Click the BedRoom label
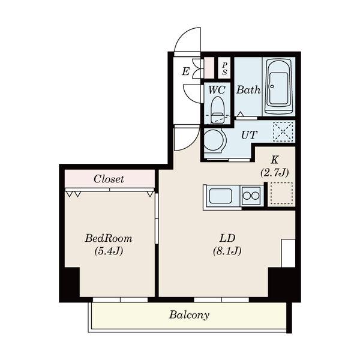pyautogui.click(x=109, y=238)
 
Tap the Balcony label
pyautogui.click(x=189, y=315)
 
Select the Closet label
pyautogui.click(x=109, y=179)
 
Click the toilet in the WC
pyautogui.click(x=218, y=110)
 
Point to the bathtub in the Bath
pyautogui.click(x=279, y=87)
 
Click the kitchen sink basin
pyautogui.click(x=221, y=196)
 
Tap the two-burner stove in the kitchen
pyautogui.click(x=251, y=196)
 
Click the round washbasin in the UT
pyautogui.click(x=213, y=140)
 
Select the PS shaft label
pyautogui.click(x=224, y=68)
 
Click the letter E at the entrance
pyautogui.click(x=185, y=71)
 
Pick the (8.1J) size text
pyautogui.click(x=227, y=251)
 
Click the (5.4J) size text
pyautogui.click(x=109, y=251)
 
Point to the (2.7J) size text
pyautogui.click(x=274, y=172)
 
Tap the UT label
pyautogui.click(x=249, y=135)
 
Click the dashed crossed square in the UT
pyautogui.click(x=283, y=131)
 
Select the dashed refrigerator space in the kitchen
pyautogui.click(x=281, y=193)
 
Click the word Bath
pyautogui.click(x=248, y=90)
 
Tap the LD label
pyautogui.click(x=227, y=238)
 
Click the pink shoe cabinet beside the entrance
pyautogui.click(x=209, y=68)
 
